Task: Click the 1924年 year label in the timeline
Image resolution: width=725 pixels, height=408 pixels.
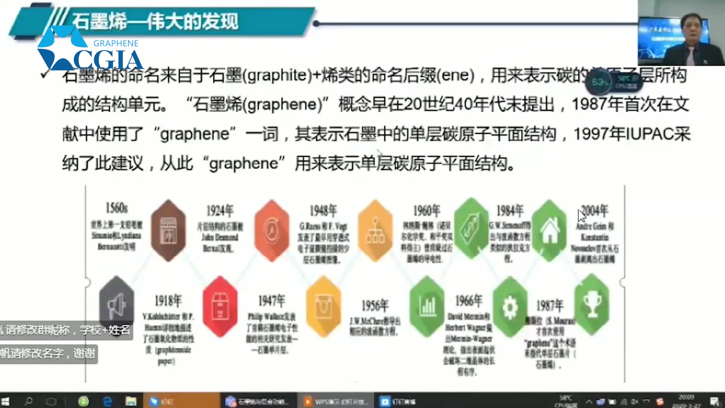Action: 220,211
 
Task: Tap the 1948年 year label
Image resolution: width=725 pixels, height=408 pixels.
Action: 323,211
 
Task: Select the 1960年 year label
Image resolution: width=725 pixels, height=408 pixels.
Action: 427,211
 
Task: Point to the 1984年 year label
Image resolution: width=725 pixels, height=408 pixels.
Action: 510,211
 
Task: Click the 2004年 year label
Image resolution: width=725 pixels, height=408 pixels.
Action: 595,211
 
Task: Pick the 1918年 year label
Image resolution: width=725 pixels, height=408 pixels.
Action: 168,301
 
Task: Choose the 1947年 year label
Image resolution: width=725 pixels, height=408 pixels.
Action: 271,301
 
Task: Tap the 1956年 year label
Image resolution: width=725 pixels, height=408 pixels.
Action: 375,305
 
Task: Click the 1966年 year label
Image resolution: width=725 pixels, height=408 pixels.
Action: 469,301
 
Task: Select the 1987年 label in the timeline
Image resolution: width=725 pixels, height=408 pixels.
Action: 550,305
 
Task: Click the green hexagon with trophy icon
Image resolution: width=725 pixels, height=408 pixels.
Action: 592,305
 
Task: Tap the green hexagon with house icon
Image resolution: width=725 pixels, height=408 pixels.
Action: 550,230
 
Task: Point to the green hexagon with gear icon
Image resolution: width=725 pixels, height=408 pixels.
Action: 510,307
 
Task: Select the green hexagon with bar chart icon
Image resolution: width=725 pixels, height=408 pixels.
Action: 427,306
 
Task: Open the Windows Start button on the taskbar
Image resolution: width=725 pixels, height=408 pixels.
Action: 6,401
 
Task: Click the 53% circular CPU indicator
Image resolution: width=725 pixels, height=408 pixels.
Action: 600,82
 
